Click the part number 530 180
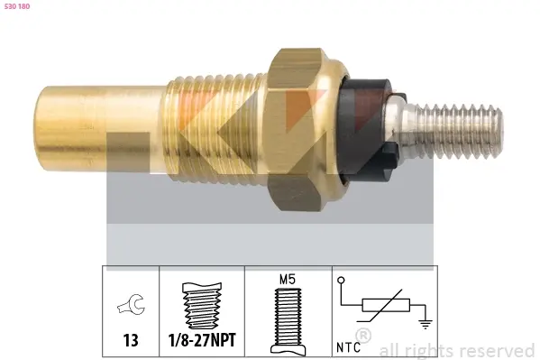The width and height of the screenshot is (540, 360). coord(17,6)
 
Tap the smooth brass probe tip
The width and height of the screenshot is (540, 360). coord(100,125)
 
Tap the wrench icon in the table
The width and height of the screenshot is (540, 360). coord(132,304)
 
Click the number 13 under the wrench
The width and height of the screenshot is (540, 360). coord(131,340)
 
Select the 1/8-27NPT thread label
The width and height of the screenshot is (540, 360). coord(202,340)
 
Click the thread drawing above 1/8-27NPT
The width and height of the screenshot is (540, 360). coord(202,306)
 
